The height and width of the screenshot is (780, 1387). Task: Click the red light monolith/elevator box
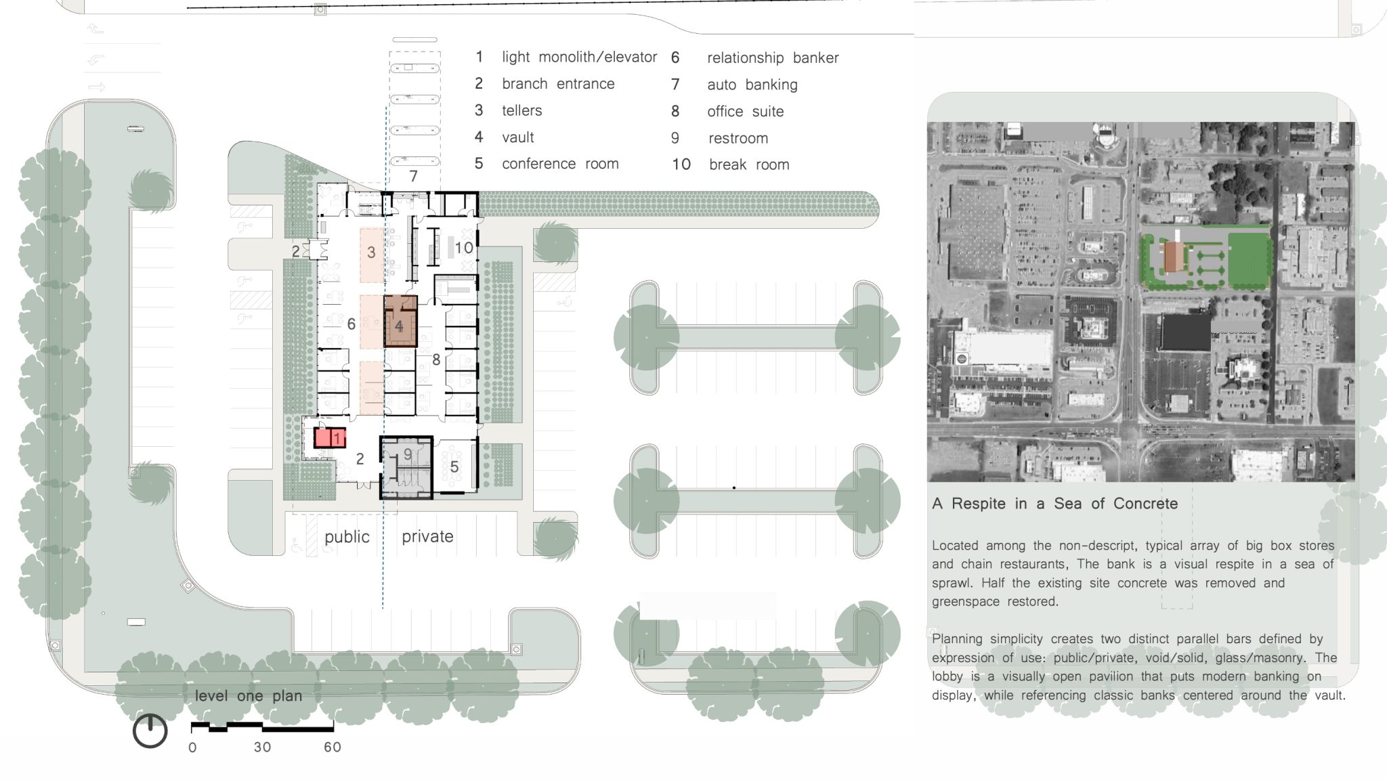point(330,437)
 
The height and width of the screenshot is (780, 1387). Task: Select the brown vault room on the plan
point(400,321)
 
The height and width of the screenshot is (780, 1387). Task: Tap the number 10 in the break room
point(464,248)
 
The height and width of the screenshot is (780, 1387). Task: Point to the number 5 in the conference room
point(454,467)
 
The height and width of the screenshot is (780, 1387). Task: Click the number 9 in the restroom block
point(408,454)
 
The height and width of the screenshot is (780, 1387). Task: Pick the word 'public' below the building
point(347,537)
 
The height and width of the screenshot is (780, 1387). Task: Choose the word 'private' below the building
point(427,536)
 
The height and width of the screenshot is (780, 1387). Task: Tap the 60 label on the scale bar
point(333,747)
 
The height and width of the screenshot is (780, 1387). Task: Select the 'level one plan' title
point(249,695)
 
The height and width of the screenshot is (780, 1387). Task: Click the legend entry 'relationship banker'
point(773,58)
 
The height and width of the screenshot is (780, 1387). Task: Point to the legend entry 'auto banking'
point(752,85)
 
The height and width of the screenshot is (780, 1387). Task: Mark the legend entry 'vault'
point(518,137)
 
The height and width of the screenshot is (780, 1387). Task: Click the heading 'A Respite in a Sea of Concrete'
point(1055,504)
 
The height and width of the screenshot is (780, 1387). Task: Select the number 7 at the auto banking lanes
point(413,176)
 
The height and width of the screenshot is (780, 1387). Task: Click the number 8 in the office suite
point(436,360)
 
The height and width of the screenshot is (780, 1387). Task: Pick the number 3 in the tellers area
point(371,253)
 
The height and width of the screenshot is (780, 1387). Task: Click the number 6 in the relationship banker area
point(351,324)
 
